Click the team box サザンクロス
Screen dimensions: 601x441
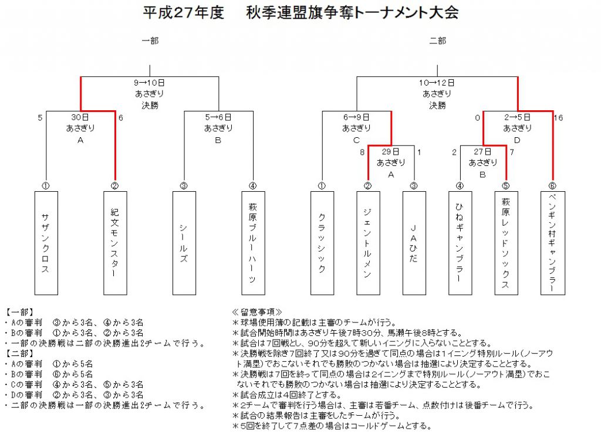[x=46, y=243]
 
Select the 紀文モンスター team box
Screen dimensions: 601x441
[x=115, y=243]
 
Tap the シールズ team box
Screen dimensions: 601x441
[x=184, y=243]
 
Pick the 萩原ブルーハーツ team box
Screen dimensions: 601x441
[x=253, y=243]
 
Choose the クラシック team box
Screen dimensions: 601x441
[x=322, y=243]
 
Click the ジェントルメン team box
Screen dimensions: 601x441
[x=368, y=243]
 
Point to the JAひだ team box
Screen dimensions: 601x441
[x=414, y=243]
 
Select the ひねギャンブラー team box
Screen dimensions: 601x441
[x=460, y=243]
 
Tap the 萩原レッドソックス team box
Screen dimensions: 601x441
[x=506, y=243]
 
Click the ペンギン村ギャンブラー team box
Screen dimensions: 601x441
[x=552, y=243]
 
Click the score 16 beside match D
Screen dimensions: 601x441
[x=559, y=118]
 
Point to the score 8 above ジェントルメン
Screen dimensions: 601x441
[x=362, y=152]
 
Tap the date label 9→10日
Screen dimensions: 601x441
[x=149, y=83]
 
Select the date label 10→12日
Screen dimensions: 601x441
[x=437, y=83]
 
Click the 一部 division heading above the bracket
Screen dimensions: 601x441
[x=150, y=40]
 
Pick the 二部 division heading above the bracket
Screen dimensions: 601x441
[x=437, y=40]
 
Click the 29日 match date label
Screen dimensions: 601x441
[x=390, y=151]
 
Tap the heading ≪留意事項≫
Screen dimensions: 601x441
[x=257, y=312]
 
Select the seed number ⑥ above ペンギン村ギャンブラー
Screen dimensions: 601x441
[x=552, y=186]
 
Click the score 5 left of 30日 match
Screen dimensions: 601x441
[x=40, y=118]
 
